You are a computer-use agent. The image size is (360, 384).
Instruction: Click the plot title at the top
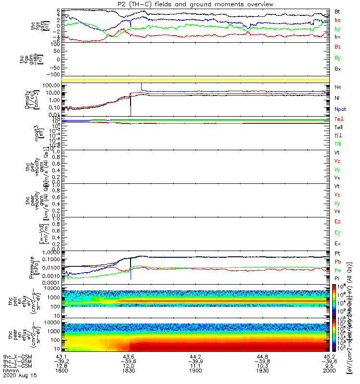(196, 4)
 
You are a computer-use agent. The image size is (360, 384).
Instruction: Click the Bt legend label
(337, 11)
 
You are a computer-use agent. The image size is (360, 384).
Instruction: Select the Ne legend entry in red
(338, 87)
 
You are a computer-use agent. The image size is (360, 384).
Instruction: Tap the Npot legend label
(340, 109)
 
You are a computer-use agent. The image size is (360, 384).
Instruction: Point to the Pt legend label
(337, 252)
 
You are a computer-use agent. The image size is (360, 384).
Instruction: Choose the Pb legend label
(338, 261)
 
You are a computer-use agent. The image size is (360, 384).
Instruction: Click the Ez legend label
(338, 222)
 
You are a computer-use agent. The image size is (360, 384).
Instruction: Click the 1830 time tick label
(128, 371)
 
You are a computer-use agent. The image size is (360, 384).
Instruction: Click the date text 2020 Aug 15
(19, 376)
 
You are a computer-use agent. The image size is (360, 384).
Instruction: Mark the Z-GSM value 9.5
(328, 366)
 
